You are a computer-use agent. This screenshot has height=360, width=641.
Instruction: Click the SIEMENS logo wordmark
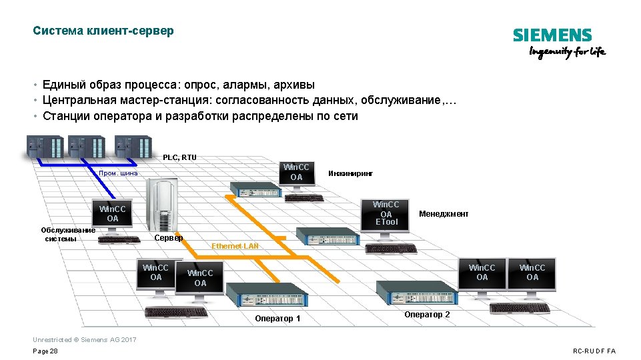tap(552, 36)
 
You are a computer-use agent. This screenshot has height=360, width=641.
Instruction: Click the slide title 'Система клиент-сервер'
tap(103, 31)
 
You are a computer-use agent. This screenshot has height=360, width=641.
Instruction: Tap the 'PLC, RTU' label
tap(179, 157)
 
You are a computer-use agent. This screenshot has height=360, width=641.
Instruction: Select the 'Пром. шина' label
tap(118, 173)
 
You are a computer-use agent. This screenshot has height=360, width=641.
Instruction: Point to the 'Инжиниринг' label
tap(351, 173)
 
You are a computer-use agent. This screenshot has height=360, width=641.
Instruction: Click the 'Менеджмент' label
tap(444, 214)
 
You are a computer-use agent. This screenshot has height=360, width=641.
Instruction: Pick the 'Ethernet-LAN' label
tap(235, 247)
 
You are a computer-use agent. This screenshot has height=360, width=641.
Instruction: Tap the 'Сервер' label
tap(169, 238)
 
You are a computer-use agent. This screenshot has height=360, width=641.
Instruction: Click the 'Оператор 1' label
tap(277, 319)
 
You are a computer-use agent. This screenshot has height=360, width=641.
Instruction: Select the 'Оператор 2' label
tap(427, 315)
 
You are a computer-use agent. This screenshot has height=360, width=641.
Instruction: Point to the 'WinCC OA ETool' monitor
tap(386, 213)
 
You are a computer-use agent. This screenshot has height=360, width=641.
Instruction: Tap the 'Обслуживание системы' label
tap(68, 235)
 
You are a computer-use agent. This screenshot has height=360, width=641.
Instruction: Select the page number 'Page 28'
tap(45, 351)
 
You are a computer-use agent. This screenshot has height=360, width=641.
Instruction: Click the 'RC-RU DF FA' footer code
tap(594, 351)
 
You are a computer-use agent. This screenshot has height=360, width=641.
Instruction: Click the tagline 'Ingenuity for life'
tap(567, 53)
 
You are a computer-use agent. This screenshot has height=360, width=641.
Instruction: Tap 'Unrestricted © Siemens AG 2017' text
tap(84, 340)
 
